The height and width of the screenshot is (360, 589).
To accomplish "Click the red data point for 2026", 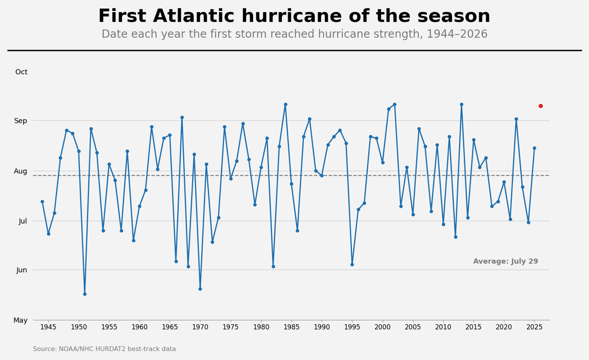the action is [541, 106].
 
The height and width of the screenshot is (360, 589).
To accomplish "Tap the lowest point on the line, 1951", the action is [85, 294].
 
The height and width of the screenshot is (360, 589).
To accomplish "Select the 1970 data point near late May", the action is [200, 289].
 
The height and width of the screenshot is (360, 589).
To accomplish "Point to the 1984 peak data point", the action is [285, 104].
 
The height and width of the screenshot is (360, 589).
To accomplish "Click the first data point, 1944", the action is [43, 202].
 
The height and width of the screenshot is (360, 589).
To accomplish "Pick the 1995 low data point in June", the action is [352, 265].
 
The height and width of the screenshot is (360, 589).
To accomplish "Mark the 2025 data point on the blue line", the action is [534, 148].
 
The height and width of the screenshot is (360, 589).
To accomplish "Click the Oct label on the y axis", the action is [21, 72].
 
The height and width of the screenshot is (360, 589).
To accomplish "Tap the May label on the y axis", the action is [21, 320].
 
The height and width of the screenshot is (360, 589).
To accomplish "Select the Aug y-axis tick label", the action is [21, 171].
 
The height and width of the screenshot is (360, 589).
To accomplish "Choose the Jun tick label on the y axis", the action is [22, 270].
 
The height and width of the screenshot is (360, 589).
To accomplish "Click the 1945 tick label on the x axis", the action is [48, 327].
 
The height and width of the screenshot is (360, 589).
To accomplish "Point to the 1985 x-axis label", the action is [292, 327].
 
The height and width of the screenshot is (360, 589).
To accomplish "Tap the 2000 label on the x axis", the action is [383, 327].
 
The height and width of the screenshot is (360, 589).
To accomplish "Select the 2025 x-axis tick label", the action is [534, 327].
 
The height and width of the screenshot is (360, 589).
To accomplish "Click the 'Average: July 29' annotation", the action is [506, 261].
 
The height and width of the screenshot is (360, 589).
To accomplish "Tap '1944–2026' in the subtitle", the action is [457, 34].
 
